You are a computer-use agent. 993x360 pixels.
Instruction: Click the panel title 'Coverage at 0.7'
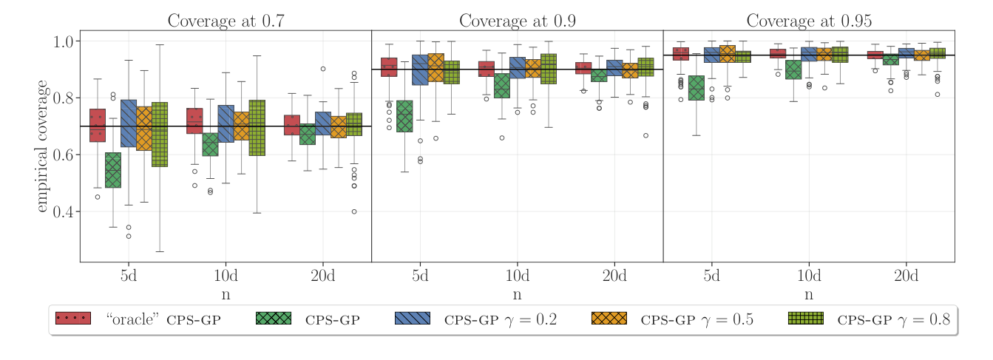(x=226, y=21)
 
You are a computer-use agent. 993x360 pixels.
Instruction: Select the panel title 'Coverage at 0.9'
(x=517, y=21)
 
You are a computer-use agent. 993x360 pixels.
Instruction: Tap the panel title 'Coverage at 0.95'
(x=808, y=21)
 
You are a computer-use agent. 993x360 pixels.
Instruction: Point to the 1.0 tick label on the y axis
(x=67, y=41)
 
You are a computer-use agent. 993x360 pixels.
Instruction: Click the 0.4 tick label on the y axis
(x=67, y=212)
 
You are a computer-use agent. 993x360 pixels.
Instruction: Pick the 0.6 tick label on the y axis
(x=67, y=155)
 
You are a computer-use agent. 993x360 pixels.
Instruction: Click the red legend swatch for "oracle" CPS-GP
(x=72, y=319)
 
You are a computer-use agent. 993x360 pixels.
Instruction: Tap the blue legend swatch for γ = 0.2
(x=413, y=319)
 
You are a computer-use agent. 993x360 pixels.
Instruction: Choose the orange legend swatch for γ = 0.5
(x=609, y=319)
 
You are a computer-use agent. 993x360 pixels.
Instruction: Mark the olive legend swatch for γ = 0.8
(x=805, y=319)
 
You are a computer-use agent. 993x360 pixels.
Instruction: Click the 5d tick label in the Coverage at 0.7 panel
(x=129, y=276)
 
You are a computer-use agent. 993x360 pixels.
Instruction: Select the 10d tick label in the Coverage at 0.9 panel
(x=517, y=276)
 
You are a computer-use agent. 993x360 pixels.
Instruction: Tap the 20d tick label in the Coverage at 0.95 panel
(x=906, y=276)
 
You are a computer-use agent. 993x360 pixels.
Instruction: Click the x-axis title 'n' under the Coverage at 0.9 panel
(x=517, y=295)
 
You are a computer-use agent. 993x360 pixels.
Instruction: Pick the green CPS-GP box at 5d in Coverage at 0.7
(x=113, y=170)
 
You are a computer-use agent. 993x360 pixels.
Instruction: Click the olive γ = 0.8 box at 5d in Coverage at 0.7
(x=160, y=134)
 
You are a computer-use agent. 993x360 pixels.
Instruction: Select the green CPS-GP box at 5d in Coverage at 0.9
(x=404, y=116)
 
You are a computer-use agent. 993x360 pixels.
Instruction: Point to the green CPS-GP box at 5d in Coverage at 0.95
(x=696, y=88)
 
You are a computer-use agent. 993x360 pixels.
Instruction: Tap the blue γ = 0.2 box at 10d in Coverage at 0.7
(x=226, y=123)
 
